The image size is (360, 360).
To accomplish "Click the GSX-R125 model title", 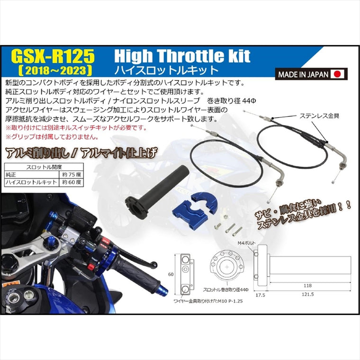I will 56,57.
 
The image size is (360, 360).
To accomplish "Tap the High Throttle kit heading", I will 182,56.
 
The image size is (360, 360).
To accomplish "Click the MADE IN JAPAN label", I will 303,74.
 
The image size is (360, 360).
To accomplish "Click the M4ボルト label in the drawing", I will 245,243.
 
